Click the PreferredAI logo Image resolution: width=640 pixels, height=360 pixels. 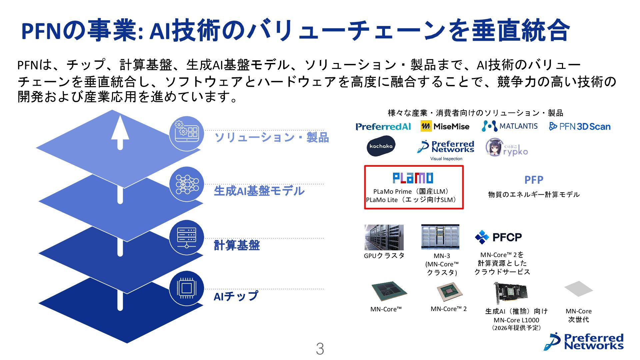pos(383,127)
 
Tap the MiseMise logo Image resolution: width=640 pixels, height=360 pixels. pos(445,126)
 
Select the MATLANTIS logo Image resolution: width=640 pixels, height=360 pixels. pos(510,126)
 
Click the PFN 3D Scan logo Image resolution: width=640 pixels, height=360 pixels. pos(580,126)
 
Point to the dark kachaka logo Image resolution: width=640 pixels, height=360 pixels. pos(381,146)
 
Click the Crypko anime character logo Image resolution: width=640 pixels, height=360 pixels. pos(507,148)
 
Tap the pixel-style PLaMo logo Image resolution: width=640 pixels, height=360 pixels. pos(413,178)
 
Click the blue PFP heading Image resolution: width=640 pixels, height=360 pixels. pos(534,180)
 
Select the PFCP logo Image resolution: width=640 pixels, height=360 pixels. pos(498,237)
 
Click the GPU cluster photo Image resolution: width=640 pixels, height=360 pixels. pos(384,237)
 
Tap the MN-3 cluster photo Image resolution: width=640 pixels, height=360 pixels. pos(440,237)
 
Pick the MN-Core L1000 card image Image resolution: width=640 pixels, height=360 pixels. pos(511,293)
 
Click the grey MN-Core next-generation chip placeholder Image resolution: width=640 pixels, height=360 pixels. pos(578,289)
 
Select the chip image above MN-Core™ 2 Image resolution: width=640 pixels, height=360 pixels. pos(450,292)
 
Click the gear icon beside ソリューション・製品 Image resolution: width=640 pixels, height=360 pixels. pos(186,133)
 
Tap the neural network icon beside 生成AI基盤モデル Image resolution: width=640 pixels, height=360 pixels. pos(186,184)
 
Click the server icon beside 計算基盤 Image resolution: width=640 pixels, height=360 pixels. pos(186,237)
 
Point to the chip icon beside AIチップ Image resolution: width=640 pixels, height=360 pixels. pos(186,288)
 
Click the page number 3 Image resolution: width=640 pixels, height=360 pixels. pos(320,349)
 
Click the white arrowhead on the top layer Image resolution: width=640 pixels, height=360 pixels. pos(120,128)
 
